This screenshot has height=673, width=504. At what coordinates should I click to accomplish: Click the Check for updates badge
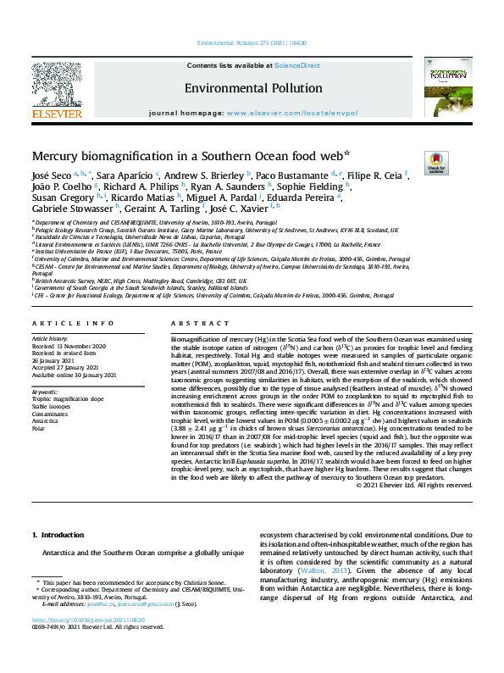(413, 163)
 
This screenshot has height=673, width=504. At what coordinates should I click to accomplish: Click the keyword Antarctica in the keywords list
(46, 420)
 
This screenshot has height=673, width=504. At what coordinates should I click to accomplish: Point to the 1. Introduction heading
(58, 535)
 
